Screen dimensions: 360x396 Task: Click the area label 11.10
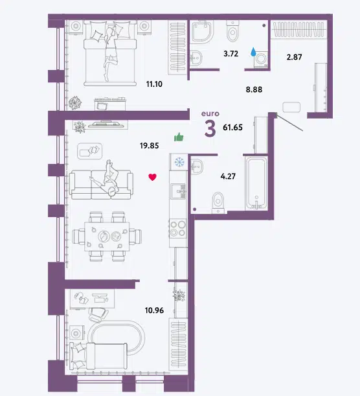(154, 84)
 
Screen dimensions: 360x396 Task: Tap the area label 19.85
(150, 146)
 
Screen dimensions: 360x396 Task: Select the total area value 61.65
(232, 128)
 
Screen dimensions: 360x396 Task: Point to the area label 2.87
(294, 57)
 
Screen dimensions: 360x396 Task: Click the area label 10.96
(154, 310)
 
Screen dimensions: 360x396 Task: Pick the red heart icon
(152, 177)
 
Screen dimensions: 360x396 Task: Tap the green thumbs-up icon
(179, 137)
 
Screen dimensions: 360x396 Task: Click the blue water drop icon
(253, 52)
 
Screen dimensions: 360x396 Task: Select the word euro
(210, 114)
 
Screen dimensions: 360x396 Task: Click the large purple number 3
(210, 129)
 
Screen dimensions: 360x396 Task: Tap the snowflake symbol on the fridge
(179, 162)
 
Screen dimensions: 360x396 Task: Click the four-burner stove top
(178, 228)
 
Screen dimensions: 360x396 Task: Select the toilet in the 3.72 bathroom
(232, 31)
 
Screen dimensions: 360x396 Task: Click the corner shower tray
(202, 31)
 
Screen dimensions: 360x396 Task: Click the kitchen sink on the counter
(179, 191)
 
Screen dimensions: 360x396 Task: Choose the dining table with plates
(107, 237)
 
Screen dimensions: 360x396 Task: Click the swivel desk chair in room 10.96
(98, 315)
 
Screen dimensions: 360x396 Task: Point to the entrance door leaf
(290, 124)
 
